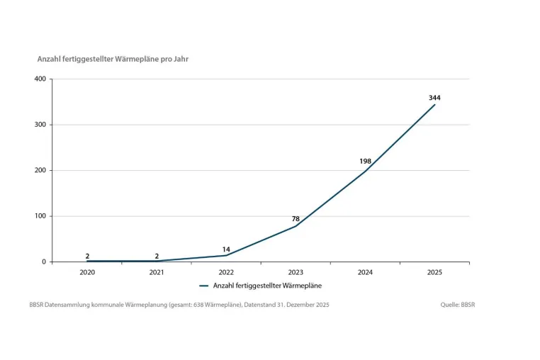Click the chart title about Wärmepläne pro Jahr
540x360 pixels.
(x=113, y=60)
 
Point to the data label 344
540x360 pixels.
(x=434, y=98)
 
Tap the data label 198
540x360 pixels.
(x=366, y=162)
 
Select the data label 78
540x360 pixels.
(x=296, y=219)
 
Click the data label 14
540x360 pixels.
(x=226, y=249)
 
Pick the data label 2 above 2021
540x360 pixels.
(x=157, y=257)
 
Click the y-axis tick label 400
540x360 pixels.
(x=40, y=79)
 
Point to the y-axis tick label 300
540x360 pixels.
(x=40, y=125)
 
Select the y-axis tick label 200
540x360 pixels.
(x=40, y=170)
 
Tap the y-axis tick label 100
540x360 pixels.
(x=40, y=216)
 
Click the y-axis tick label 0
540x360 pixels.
(x=44, y=261)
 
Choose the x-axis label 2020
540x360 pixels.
(x=87, y=273)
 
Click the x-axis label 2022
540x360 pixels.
(x=226, y=273)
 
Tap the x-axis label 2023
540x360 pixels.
(x=296, y=273)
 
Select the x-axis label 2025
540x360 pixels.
(x=434, y=273)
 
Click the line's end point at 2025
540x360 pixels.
(x=434, y=104)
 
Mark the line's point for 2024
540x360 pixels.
(x=365, y=171)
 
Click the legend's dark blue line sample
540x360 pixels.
(x=204, y=286)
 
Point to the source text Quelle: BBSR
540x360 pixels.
(x=457, y=305)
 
